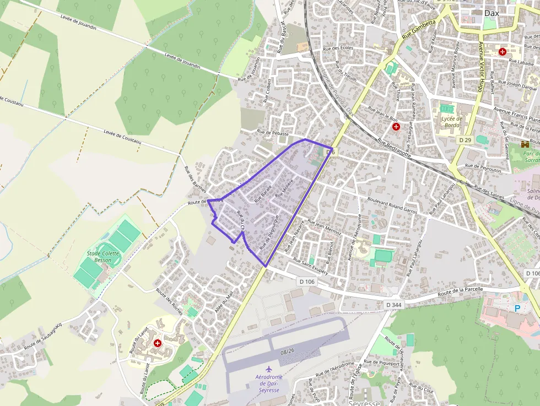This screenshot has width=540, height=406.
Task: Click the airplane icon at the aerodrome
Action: click(268, 368)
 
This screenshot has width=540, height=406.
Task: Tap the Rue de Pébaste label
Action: click(273, 133)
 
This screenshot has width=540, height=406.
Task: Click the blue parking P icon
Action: click(517, 308)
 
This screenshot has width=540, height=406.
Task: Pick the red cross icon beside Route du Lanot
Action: click(158, 343)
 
